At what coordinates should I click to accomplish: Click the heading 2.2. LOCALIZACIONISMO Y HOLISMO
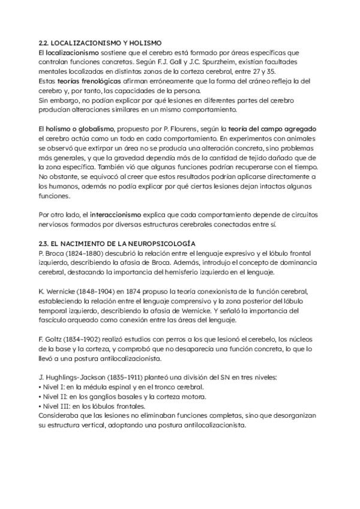click(x=100, y=43)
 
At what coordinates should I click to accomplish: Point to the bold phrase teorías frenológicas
click(x=83, y=81)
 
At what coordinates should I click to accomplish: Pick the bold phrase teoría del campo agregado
click(x=276, y=129)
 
